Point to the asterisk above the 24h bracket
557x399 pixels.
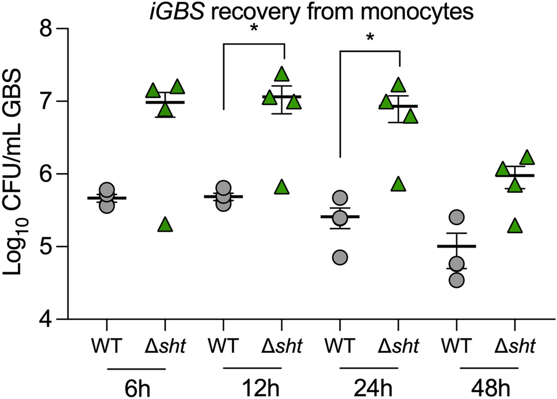(x=369, y=38)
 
